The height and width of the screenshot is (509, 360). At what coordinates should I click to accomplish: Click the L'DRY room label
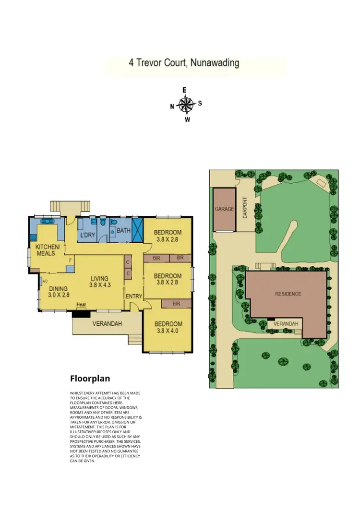point(87,235)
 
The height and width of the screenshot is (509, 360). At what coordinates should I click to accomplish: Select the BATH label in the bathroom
point(123,231)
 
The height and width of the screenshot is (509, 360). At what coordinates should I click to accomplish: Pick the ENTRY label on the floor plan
point(134,296)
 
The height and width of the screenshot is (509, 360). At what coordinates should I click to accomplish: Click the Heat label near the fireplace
point(81,304)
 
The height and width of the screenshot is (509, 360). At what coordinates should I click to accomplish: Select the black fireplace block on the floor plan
point(81,314)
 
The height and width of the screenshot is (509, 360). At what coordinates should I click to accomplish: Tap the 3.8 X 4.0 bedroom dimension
point(168,331)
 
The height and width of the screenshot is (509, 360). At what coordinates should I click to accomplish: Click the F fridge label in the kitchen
point(70,260)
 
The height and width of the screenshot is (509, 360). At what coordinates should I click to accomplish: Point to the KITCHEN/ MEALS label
point(47,250)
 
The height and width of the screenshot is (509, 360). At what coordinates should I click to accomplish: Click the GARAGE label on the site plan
point(224,209)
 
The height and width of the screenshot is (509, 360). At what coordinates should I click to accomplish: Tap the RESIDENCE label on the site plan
point(288,294)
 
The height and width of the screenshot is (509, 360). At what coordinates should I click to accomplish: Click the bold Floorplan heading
point(90,379)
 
